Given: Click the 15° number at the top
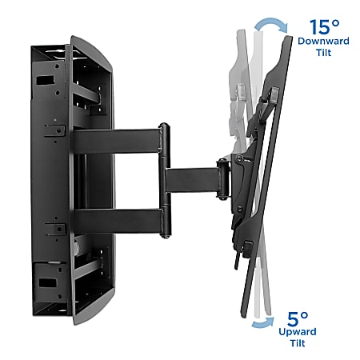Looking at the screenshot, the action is click(x=324, y=27).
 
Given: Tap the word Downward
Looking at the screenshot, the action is click(x=323, y=41).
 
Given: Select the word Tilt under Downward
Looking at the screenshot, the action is click(x=324, y=52).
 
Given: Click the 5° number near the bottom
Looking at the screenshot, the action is click(x=298, y=318).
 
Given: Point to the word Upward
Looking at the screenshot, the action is click(x=298, y=332).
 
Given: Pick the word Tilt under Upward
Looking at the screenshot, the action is click(x=298, y=343).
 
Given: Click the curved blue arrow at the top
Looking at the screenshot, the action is click(x=270, y=23).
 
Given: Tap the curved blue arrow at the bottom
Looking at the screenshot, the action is click(x=263, y=323).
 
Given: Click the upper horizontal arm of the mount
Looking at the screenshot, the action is click(x=116, y=142).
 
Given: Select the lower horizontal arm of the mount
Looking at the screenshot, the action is click(x=117, y=222).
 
